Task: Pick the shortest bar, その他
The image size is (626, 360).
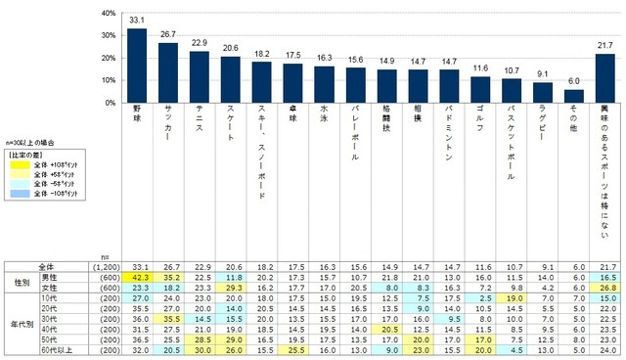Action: click(574, 95)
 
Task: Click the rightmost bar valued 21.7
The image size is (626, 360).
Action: click(604, 77)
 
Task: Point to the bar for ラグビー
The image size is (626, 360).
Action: click(544, 92)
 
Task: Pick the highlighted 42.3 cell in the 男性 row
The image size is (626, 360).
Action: click(138, 280)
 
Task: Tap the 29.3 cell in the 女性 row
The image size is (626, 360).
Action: click(230, 290)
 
